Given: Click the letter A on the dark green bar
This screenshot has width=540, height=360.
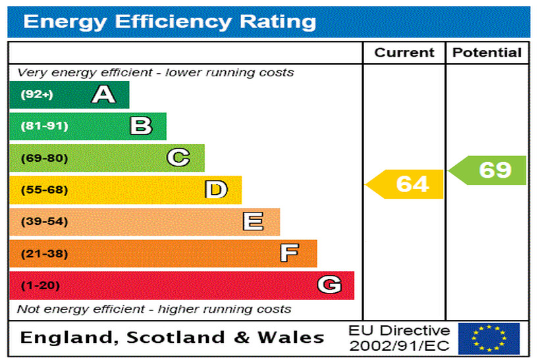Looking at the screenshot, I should [x=103, y=95].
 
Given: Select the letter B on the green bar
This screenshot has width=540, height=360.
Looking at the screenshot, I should [x=141, y=126].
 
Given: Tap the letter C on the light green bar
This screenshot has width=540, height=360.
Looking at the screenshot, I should [x=178, y=158].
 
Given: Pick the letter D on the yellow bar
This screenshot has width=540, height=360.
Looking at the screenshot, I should [x=215, y=190].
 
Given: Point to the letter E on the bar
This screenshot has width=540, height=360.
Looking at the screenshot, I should [x=253, y=222].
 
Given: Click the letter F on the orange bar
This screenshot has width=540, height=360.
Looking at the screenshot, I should [x=289, y=253].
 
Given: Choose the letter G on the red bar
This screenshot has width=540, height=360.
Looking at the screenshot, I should [x=329, y=285].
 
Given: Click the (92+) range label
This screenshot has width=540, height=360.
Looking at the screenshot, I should [x=36, y=95].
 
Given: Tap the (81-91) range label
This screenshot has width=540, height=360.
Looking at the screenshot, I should [x=44, y=126].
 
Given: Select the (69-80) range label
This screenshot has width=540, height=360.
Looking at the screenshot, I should [x=44, y=158].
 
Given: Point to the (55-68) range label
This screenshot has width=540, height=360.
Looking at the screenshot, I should [x=44, y=190].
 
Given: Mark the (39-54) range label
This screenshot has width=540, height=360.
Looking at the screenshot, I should [x=44, y=222].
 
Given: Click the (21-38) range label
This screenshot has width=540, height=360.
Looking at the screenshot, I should [x=44, y=253].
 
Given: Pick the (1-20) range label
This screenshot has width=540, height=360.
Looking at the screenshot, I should [x=40, y=286].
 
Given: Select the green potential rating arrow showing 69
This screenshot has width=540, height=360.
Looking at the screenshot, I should [x=489, y=170].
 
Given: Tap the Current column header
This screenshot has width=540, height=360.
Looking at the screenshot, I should [x=404, y=53].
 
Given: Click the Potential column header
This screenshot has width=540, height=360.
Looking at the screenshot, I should [x=487, y=53].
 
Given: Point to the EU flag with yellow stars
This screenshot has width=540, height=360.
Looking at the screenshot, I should [x=489, y=338].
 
